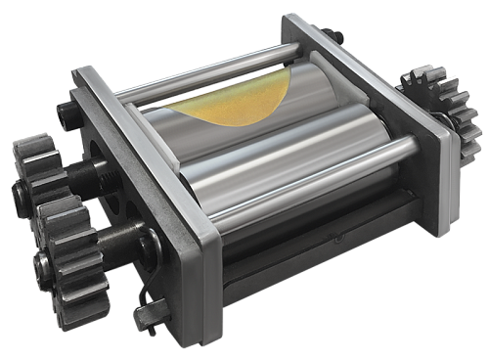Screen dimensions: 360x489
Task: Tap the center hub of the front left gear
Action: [44, 262]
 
